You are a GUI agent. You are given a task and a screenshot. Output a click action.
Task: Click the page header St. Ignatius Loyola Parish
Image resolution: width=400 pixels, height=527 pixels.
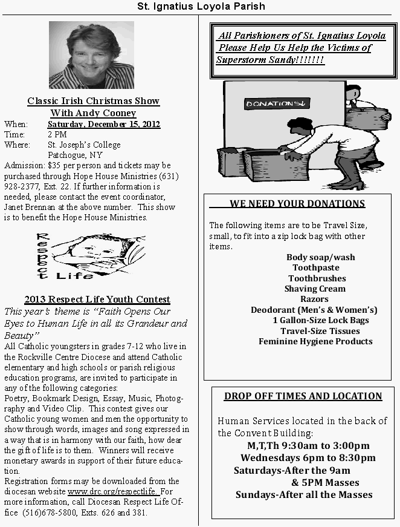[x=200, y=7]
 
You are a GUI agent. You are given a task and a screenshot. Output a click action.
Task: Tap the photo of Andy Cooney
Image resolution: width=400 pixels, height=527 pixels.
[x=91, y=55]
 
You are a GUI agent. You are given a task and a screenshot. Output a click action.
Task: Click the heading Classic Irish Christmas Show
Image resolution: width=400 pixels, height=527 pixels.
[x=93, y=101]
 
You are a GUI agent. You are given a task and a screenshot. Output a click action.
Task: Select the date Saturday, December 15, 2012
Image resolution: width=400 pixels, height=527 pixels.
[x=104, y=124]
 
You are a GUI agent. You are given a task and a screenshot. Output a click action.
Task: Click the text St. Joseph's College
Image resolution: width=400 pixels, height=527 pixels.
[x=84, y=145]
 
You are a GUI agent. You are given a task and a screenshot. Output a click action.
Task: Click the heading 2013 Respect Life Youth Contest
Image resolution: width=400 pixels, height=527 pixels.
[x=97, y=300]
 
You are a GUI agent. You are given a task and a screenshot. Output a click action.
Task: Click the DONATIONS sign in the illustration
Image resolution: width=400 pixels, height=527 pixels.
[x=277, y=104]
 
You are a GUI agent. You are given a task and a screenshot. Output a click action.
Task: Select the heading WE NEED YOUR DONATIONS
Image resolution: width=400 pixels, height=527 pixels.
[x=297, y=204]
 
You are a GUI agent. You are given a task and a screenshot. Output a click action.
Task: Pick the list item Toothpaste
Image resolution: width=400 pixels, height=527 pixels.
[x=316, y=267]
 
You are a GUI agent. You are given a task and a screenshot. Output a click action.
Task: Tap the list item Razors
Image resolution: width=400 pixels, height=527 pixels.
[x=315, y=299]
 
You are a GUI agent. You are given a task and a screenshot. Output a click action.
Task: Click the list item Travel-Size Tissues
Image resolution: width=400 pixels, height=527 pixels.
[x=320, y=331]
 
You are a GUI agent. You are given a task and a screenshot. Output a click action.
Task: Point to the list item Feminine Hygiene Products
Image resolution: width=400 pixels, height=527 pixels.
[x=315, y=341]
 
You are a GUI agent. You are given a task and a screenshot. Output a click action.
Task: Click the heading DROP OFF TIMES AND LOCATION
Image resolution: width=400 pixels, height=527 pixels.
[x=303, y=396]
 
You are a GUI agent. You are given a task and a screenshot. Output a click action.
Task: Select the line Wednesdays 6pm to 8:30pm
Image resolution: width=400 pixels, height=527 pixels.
[x=308, y=457]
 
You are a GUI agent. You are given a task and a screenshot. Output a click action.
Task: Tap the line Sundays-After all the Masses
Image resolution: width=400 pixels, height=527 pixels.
[x=304, y=494]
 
